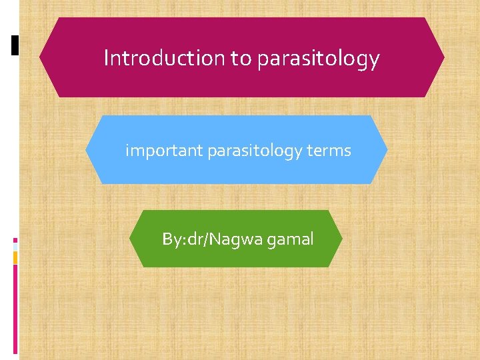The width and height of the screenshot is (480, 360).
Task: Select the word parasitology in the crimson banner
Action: click(x=318, y=59)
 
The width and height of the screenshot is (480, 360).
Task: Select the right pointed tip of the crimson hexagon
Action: click(x=443, y=58)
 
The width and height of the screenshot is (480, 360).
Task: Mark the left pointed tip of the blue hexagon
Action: click(x=87, y=150)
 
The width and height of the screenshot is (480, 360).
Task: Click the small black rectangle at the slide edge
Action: click(x=15, y=45)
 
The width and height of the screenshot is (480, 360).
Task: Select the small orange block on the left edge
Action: click(x=15, y=257)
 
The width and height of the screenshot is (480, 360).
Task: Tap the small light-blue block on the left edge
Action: click(x=15, y=247)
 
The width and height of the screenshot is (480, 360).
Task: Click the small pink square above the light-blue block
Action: click(x=15, y=240)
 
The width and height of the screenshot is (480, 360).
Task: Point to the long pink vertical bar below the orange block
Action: click(x=15, y=310)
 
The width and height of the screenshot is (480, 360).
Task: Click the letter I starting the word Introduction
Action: click(x=106, y=59)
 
